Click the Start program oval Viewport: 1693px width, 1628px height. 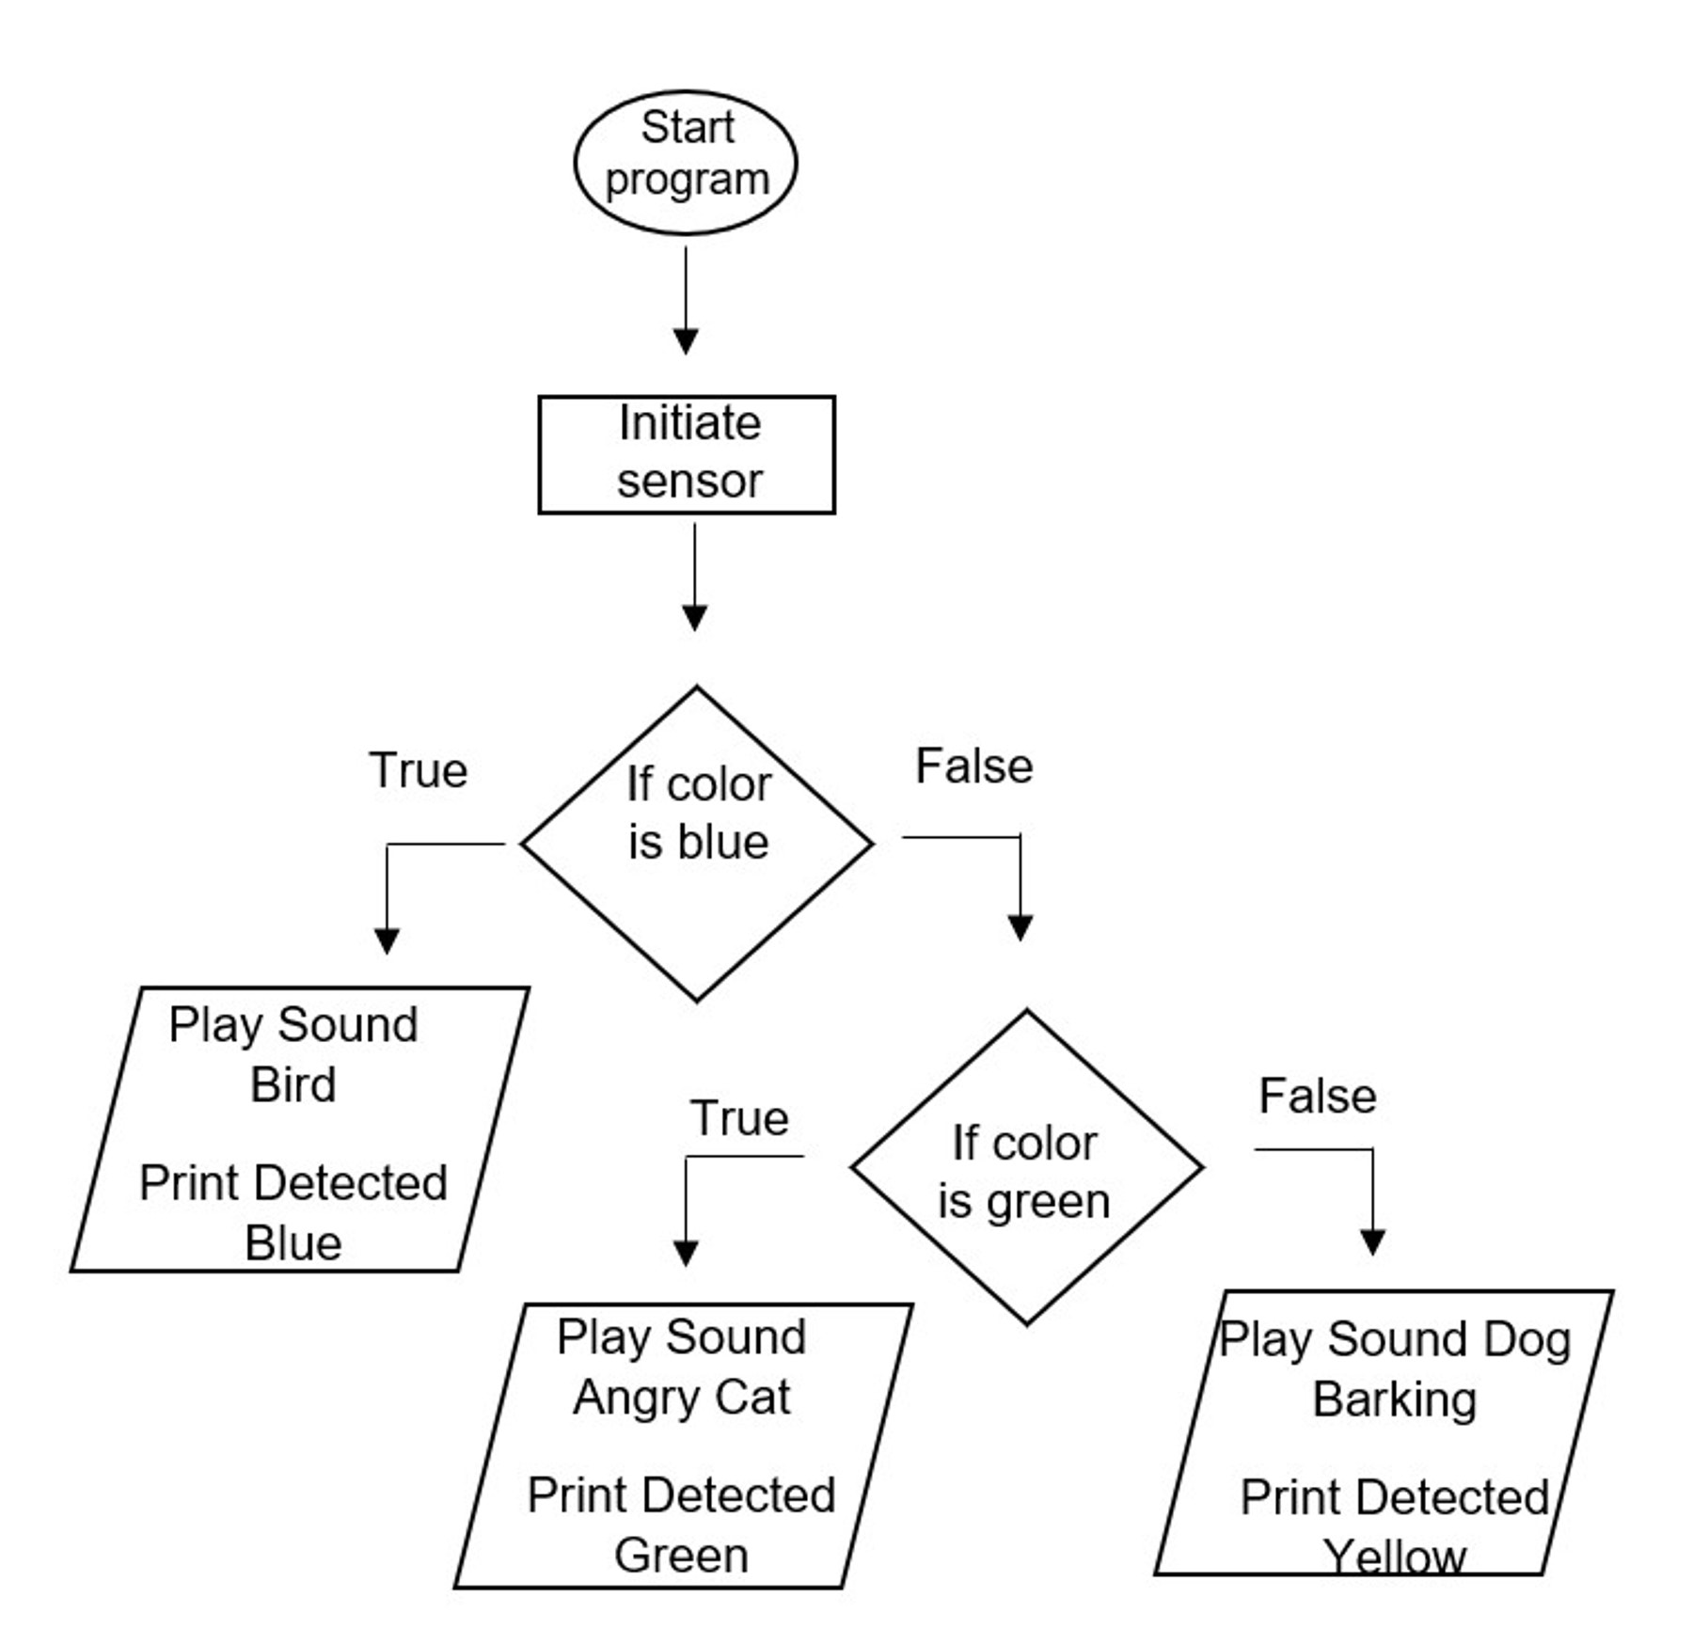pyautogui.click(x=686, y=162)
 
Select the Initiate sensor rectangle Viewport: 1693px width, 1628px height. pyautogui.click(x=687, y=454)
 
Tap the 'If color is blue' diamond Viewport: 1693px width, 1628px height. pyautogui.click(x=697, y=844)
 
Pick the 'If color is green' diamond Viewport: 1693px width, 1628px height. pyautogui.click(x=1026, y=1168)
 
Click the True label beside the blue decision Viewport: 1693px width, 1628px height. pyautogui.click(x=418, y=770)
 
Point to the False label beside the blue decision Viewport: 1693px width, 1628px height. pyautogui.click(x=973, y=766)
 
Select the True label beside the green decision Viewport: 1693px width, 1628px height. pyautogui.click(x=739, y=1118)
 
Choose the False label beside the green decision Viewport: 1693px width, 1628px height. pyautogui.click(x=1317, y=1096)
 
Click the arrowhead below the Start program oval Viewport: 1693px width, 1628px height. pyautogui.click(x=686, y=340)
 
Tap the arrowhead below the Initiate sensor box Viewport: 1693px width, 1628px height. pyautogui.click(x=694, y=617)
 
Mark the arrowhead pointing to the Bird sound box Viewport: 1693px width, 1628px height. pyautogui.click(x=387, y=940)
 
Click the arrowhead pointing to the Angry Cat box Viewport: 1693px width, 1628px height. pyautogui.click(x=686, y=1253)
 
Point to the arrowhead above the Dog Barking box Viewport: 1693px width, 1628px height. pyautogui.click(x=1372, y=1241)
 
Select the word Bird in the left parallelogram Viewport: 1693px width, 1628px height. pyautogui.click(x=293, y=1084)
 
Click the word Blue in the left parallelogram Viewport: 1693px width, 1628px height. pyautogui.click(x=293, y=1242)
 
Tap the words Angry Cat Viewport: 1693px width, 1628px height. pyautogui.click(x=682, y=1397)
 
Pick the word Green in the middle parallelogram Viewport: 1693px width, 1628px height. pyautogui.click(x=682, y=1555)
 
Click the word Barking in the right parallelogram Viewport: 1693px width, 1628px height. pyautogui.click(x=1394, y=1399)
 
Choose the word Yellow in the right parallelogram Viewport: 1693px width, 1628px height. pyautogui.click(x=1394, y=1556)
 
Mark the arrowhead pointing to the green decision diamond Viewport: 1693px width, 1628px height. pyautogui.click(x=1021, y=927)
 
